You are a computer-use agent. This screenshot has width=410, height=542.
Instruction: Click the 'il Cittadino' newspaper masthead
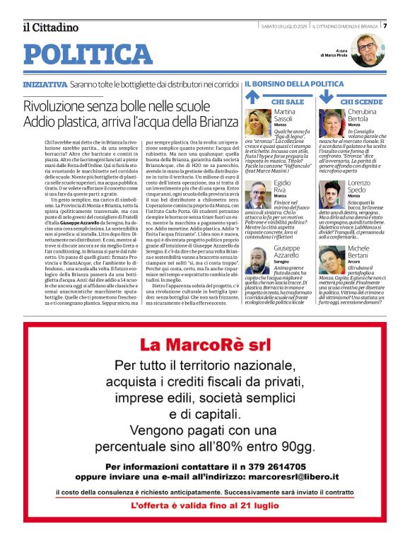click(50, 28)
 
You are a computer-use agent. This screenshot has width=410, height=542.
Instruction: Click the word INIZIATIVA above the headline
click(45, 84)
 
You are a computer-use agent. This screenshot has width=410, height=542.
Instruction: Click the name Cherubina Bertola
click(363, 116)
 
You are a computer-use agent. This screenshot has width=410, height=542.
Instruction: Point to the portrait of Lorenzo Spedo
click(330, 193)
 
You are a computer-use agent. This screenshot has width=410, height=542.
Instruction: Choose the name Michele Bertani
click(358, 253)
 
